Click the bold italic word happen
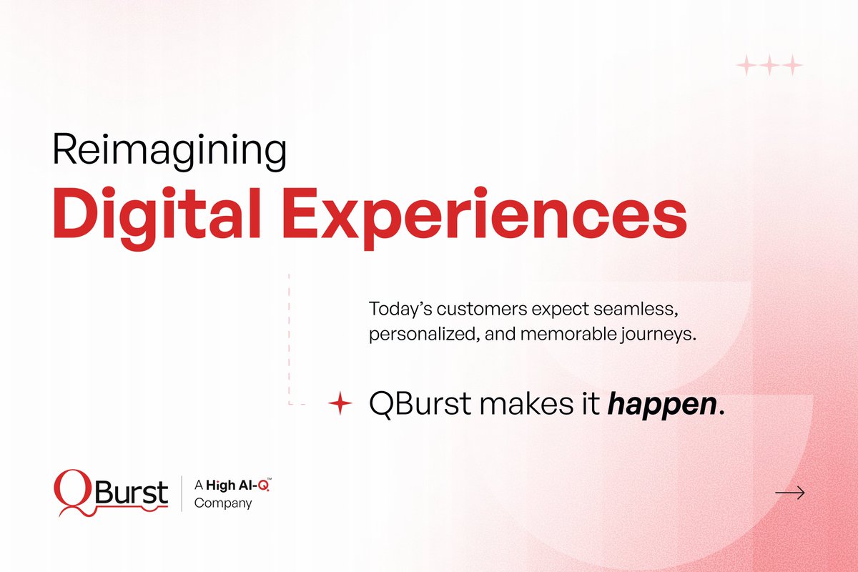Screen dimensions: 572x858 tap(661, 405)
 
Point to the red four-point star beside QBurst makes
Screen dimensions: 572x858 tap(340, 405)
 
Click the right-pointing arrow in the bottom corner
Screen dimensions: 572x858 tap(790, 493)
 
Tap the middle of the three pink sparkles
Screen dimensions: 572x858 tap(769, 66)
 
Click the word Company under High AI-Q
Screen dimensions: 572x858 tap(223, 503)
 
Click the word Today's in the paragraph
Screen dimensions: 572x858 tap(395, 310)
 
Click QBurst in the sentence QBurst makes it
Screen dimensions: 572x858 tap(420, 405)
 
